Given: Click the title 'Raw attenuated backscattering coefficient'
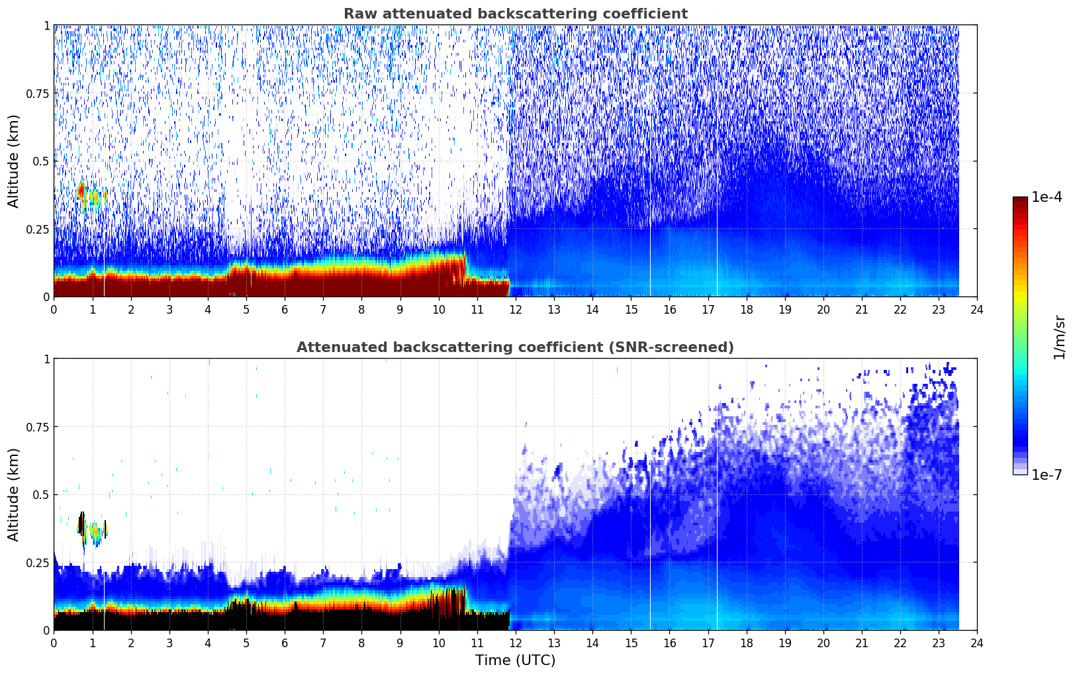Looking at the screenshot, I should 515,14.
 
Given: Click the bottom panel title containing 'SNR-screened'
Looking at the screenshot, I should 515,347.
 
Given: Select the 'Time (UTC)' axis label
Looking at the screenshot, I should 515,660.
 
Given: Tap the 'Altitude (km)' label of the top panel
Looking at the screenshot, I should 14,161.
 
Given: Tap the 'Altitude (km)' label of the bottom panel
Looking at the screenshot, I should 14,494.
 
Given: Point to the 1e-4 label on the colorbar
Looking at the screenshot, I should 1047,197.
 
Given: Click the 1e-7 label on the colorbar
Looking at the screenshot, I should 1047,474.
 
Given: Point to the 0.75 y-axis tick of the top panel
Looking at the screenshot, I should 38,93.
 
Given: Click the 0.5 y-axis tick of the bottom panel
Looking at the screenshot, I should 42,494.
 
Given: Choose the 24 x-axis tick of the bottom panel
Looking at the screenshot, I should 977,643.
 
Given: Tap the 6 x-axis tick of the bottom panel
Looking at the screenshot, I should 285,643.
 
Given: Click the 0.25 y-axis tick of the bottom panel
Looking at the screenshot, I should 38,562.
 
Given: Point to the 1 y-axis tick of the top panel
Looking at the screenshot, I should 46,25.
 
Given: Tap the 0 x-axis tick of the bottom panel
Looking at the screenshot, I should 54,643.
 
